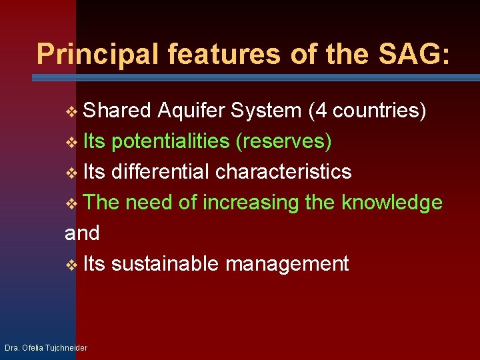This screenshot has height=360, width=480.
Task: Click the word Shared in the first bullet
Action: coord(118,110)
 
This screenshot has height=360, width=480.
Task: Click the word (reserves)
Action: coord(289,141)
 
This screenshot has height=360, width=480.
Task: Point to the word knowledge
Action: coord(391,202)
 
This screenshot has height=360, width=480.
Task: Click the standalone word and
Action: coord(82,233)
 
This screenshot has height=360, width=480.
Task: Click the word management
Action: coord(287,264)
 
